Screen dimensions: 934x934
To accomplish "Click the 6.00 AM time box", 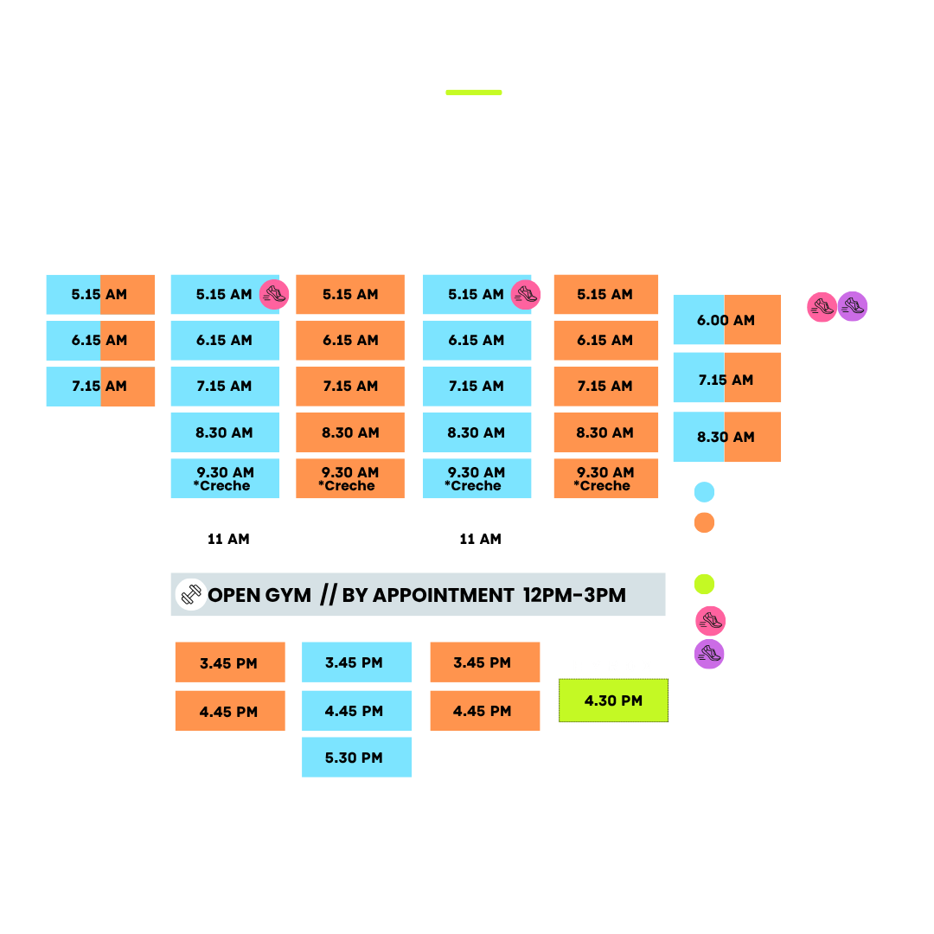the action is (726, 319).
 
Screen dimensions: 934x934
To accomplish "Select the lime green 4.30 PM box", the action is (613, 700).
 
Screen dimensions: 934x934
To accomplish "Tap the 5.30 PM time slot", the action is (356, 757).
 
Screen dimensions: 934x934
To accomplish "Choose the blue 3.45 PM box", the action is (356, 662).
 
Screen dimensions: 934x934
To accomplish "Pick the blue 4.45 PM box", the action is (356, 711).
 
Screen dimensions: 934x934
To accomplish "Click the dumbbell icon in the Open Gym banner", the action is (191, 594).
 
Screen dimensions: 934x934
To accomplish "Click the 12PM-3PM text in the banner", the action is (574, 595).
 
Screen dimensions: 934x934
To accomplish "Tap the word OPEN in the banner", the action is (233, 595).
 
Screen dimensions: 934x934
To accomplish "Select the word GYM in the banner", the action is (288, 595).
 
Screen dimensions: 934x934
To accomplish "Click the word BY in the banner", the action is (355, 595).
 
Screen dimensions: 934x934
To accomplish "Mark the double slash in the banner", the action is (329, 594).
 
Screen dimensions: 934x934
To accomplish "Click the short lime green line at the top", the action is (474, 93).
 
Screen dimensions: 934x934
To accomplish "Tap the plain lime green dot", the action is (704, 584).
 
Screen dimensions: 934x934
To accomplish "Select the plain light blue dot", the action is (704, 492).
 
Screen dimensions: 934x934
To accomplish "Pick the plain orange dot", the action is (704, 522).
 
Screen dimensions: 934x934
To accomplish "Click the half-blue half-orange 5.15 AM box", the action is (100, 294).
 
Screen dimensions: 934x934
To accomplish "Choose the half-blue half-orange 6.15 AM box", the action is (100, 340).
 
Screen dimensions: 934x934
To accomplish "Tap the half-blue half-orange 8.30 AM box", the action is (726, 437).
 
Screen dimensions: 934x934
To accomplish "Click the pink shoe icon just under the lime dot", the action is (711, 621).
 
